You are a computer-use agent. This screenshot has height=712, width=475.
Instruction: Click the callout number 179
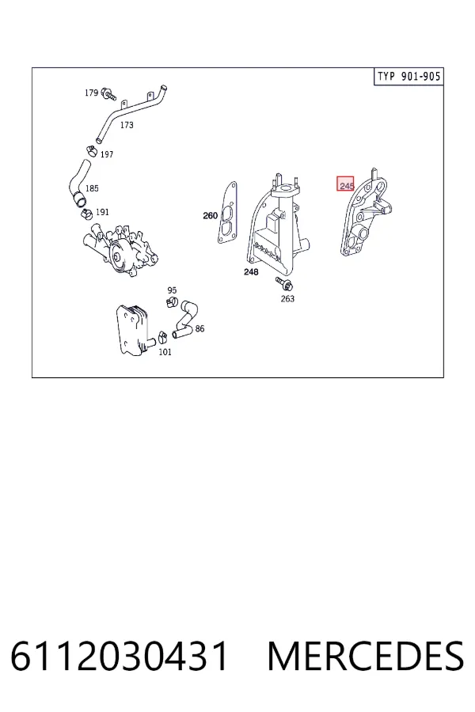tap(91, 93)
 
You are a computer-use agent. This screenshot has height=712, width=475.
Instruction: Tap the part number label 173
tap(127, 125)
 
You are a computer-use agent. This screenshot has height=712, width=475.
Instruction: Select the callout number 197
tap(106, 154)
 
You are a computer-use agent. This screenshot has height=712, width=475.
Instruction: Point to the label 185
tap(92, 188)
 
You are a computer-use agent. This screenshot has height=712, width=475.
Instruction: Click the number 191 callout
tap(102, 212)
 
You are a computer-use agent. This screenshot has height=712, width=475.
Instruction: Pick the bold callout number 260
tap(210, 216)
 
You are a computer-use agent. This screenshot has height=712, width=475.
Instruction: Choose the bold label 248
tap(251, 272)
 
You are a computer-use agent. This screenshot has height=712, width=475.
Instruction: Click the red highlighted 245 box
tap(345, 184)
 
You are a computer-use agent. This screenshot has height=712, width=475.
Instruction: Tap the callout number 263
tap(287, 298)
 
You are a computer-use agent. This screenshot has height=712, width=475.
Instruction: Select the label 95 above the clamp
tap(172, 290)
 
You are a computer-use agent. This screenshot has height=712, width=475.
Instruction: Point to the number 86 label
tap(199, 329)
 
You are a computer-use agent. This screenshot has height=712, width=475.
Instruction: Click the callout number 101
tap(165, 352)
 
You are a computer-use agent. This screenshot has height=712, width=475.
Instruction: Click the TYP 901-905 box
tap(408, 76)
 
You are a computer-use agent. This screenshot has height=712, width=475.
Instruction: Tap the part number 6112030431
tap(119, 656)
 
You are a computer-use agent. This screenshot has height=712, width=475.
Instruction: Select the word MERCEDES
tap(366, 656)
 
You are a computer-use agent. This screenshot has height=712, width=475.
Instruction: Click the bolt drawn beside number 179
tap(108, 93)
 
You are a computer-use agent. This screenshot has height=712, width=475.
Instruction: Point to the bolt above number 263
tap(284, 283)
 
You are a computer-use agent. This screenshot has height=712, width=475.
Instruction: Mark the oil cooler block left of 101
tap(132, 330)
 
